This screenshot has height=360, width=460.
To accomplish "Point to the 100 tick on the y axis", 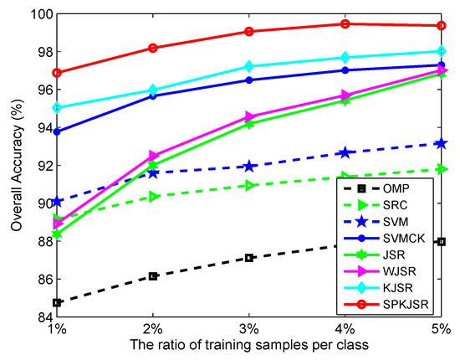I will tap(36, 14).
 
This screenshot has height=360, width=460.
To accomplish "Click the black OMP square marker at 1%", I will tap(58, 302).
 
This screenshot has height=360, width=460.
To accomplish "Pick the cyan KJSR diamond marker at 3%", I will tap(249, 66).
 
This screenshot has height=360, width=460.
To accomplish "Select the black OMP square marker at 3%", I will tap(249, 258).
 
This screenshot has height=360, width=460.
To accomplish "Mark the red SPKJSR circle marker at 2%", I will tap(154, 48).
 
